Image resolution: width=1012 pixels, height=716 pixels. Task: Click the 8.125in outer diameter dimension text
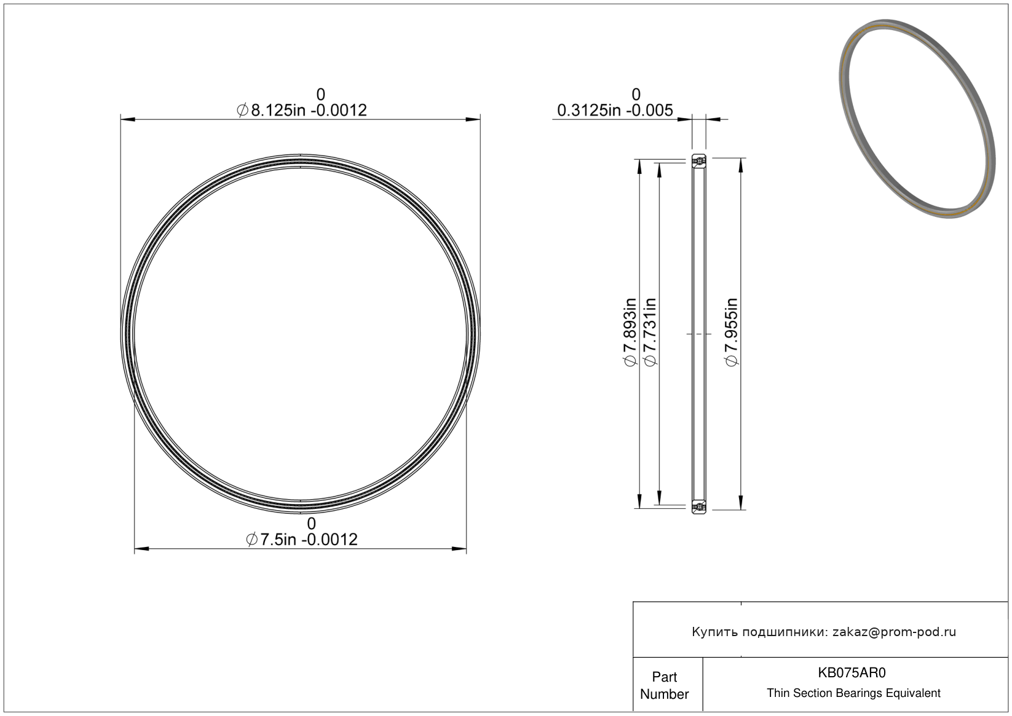tap(302, 110)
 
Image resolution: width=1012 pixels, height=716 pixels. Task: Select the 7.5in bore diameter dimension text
tap(302, 540)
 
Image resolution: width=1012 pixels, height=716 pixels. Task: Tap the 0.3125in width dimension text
tap(615, 110)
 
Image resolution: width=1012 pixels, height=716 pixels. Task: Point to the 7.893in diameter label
tap(630, 332)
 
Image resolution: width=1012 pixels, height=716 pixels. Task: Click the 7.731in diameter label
tap(650, 332)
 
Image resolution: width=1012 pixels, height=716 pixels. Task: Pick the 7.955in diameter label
tap(732, 332)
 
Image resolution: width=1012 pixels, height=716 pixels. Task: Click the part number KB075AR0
tap(852, 673)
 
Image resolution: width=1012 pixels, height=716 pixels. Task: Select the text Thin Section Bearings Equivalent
tap(853, 693)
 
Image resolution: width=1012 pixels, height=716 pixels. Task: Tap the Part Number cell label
tap(665, 685)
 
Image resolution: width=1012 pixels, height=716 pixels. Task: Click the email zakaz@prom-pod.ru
tap(894, 632)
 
